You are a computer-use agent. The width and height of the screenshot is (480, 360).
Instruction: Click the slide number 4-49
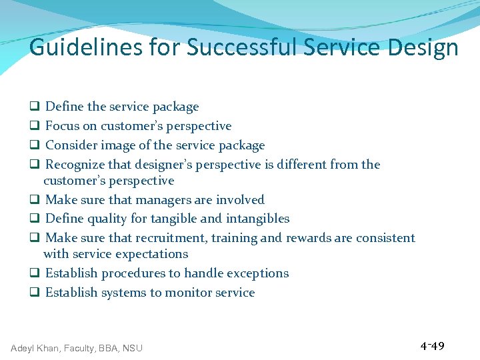tap(432, 346)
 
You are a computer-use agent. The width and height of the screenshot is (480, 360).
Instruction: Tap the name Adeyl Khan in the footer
tap(35, 348)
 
